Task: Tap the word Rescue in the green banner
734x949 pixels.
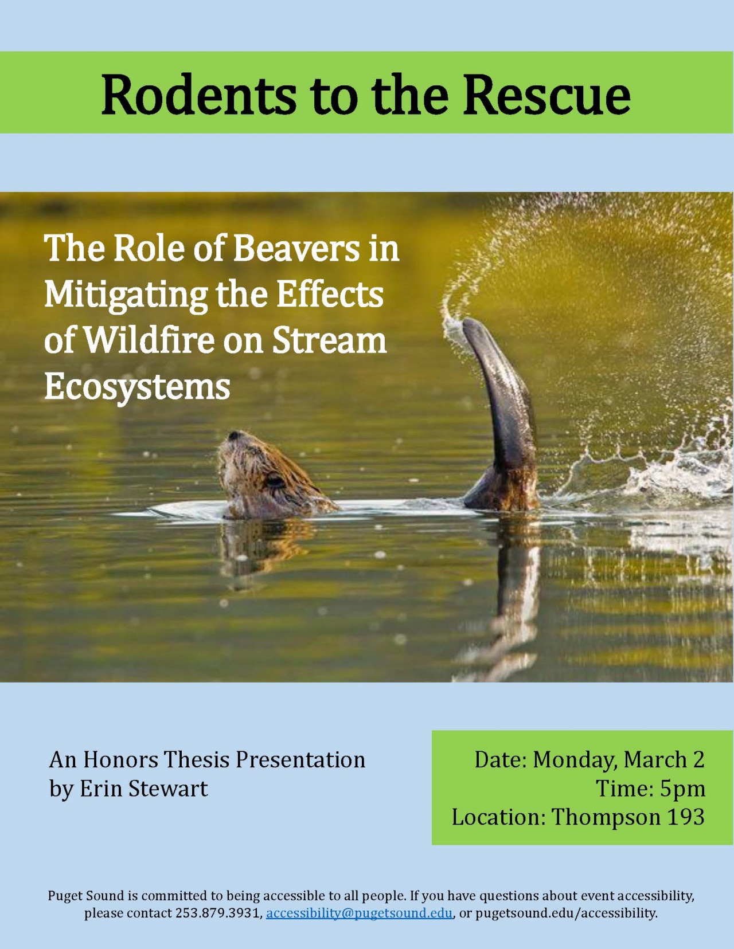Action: (547, 95)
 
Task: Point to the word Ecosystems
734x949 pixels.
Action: (137, 387)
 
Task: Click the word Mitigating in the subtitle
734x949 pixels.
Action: (126, 296)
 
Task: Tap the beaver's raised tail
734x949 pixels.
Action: (502, 410)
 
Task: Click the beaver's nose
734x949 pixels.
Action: (235, 436)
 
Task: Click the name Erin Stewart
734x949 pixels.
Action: (144, 789)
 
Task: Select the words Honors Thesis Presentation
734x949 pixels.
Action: (224, 759)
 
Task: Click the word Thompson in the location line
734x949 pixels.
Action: (604, 817)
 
